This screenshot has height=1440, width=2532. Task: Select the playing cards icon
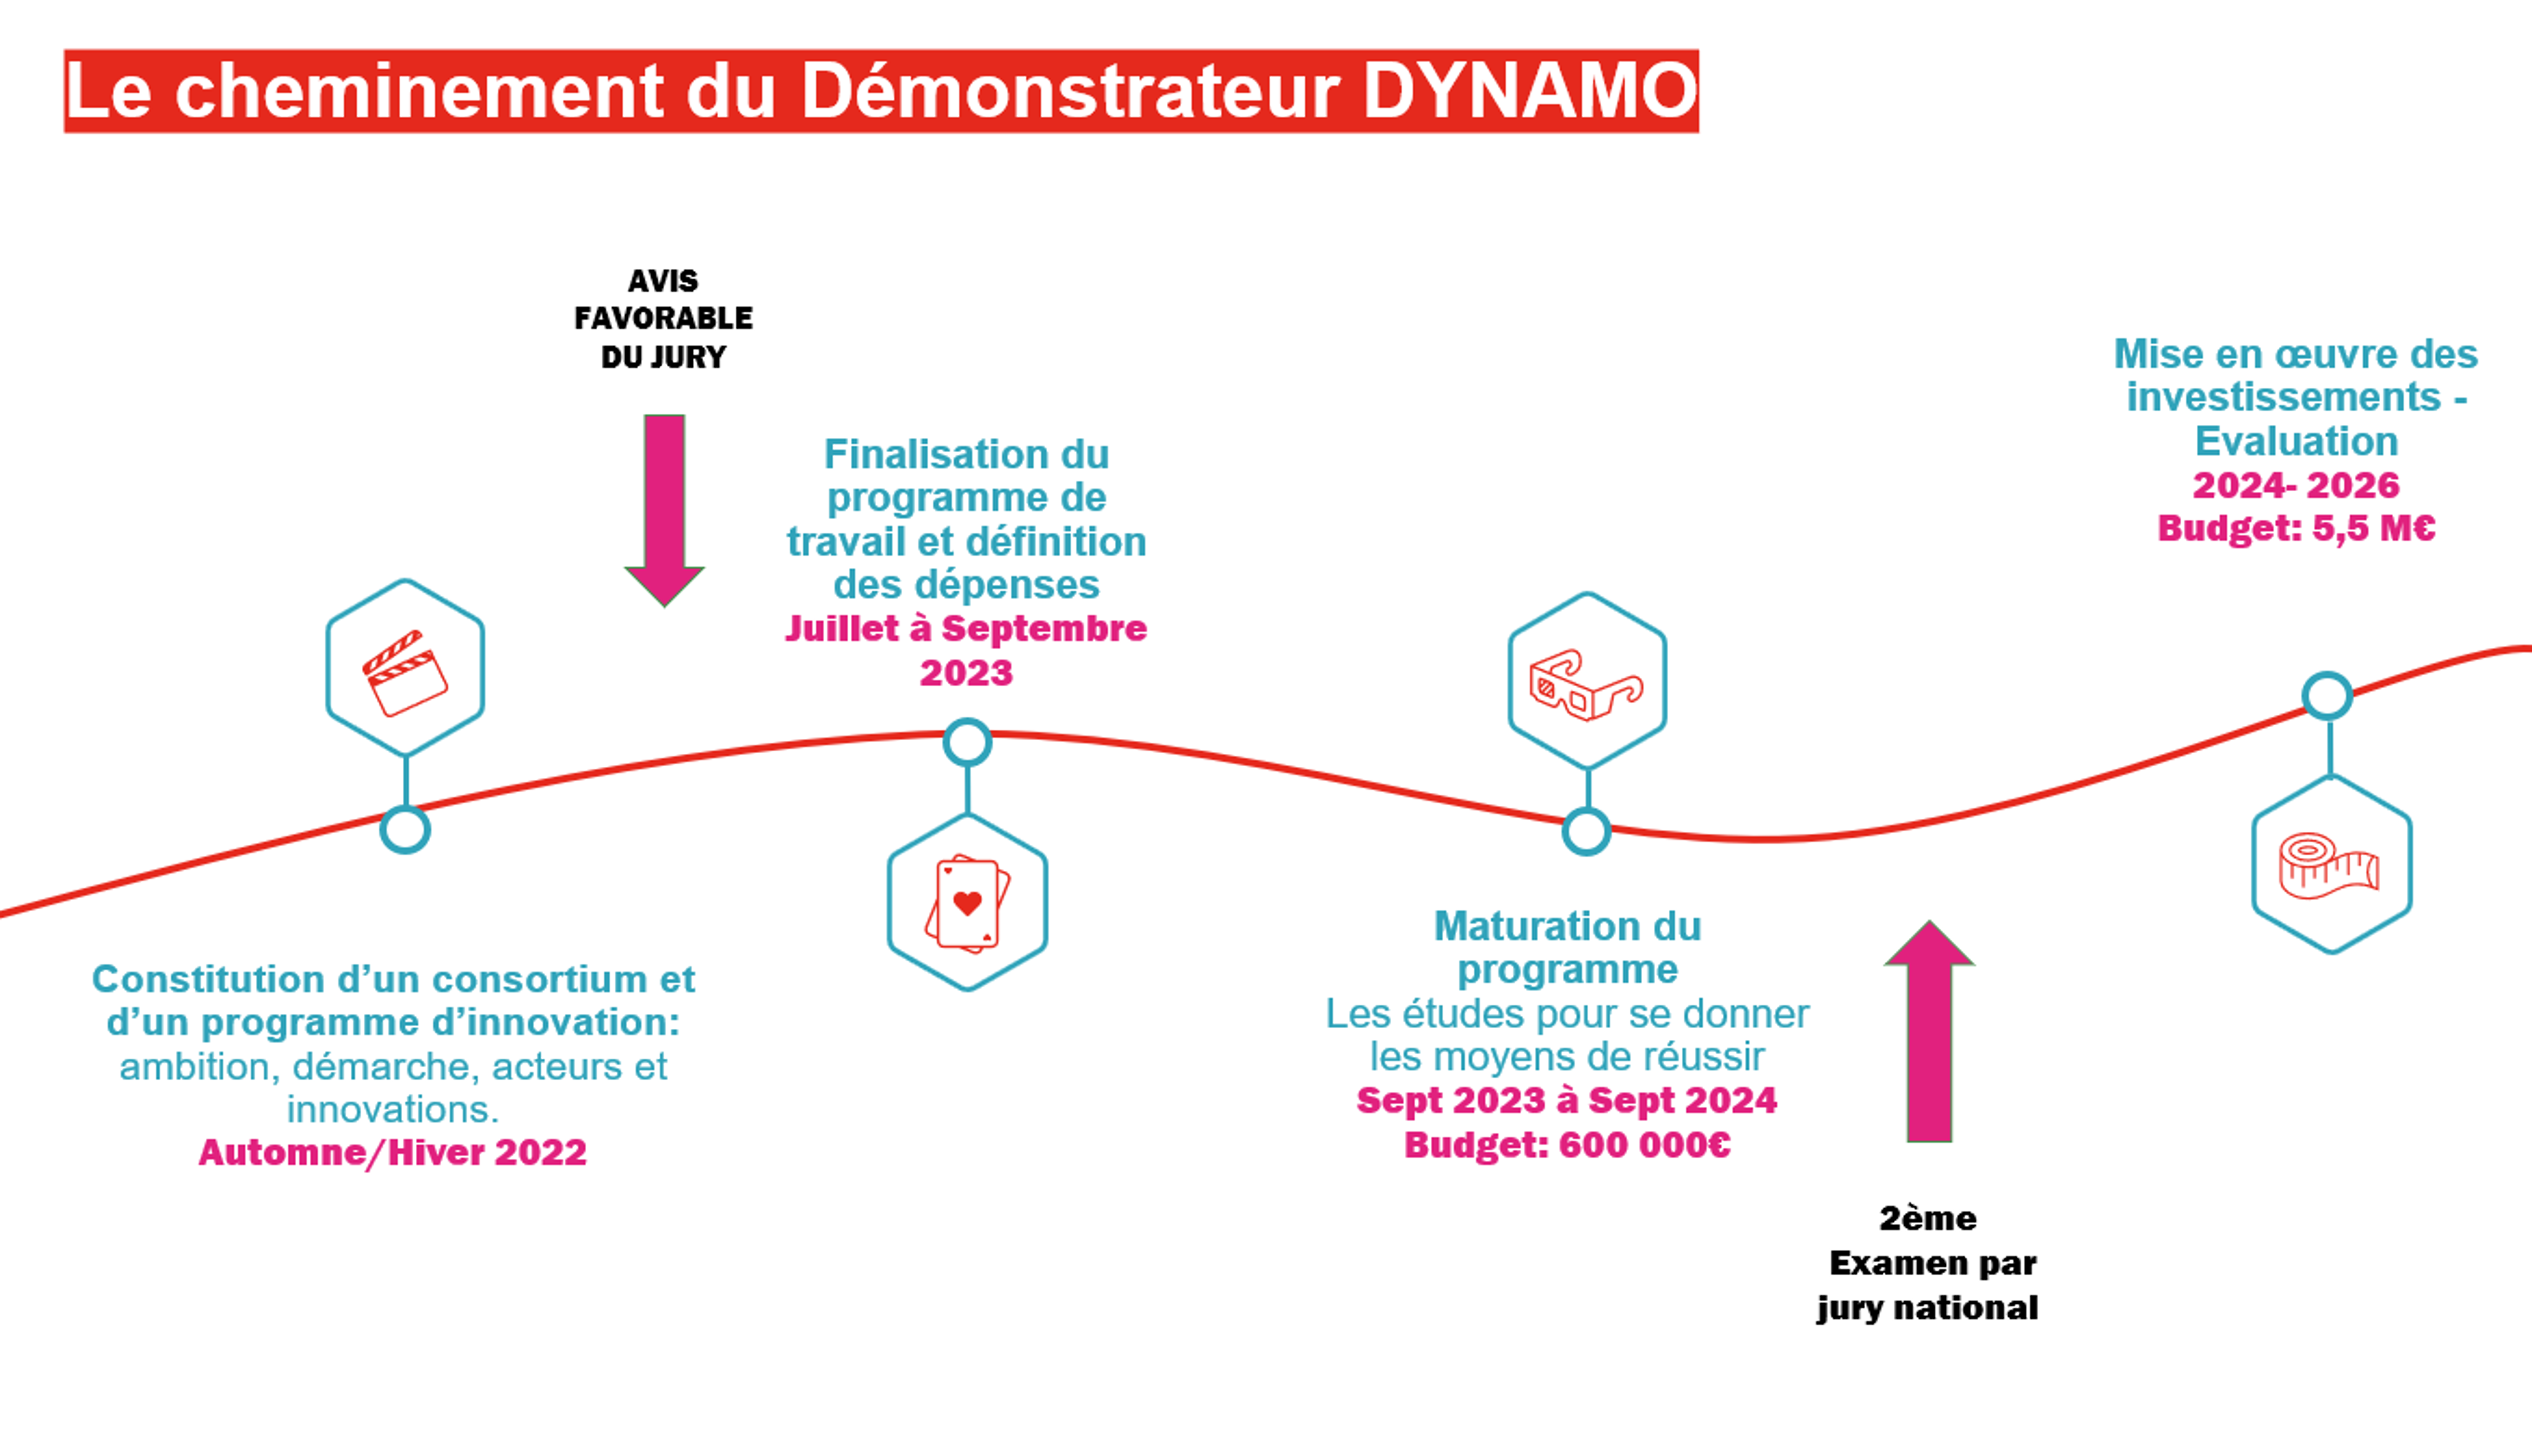pos(968,903)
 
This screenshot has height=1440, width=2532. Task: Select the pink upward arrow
pos(1929,1031)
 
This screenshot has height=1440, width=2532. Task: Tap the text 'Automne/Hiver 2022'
pos(393,1152)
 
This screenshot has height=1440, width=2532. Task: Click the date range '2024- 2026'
pos(2296,484)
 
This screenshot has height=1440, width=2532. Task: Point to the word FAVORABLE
pos(663,319)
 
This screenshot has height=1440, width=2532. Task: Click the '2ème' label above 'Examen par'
pos(1927,1219)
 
